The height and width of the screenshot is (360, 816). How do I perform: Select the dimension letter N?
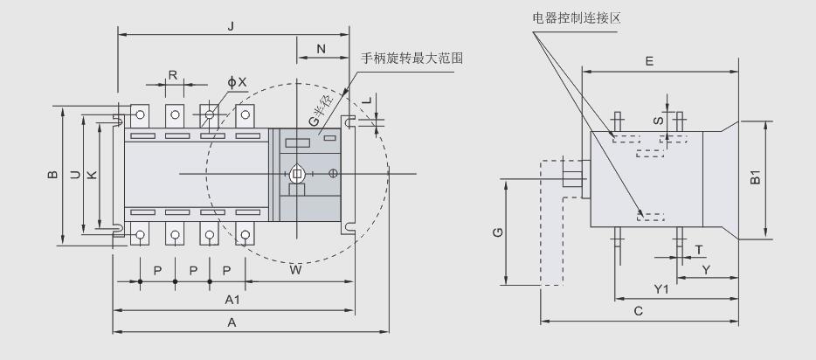[x=322, y=50]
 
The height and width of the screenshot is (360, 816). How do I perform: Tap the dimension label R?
[x=173, y=75]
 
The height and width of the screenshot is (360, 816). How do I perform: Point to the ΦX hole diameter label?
[x=237, y=81]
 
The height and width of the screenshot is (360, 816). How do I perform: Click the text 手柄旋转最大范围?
[x=411, y=59]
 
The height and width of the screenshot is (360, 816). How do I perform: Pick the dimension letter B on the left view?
[x=52, y=175]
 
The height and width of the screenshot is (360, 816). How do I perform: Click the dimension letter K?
[x=93, y=175]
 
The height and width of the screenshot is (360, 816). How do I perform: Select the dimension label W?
[x=296, y=270]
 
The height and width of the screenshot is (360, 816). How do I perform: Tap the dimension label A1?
[x=232, y=300]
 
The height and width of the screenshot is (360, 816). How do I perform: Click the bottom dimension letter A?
[x=232, y=322]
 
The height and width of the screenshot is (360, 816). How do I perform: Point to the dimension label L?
[x=369, y=100]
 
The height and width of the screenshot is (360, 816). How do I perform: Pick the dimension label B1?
[x=757, y=178]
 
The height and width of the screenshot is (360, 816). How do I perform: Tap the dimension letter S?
[x=658, y=117]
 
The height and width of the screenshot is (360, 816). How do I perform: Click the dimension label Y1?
[x=661, y=289]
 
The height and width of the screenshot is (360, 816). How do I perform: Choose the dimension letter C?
[x=639, y=310]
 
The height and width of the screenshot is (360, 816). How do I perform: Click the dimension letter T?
[x=699, y=249]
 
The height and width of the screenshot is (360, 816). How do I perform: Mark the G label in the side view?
[x=496, y=232]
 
